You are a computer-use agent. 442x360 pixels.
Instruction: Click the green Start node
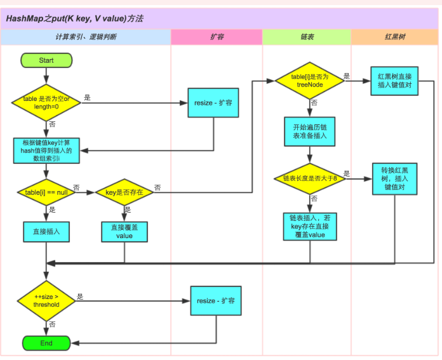(x=46, y=60)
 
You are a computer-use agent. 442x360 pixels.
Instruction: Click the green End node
(x=46, y=343)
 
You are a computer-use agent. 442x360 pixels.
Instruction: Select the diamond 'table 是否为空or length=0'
(x=46, y=102)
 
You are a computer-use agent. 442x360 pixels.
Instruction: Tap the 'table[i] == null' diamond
(x=46, y=192)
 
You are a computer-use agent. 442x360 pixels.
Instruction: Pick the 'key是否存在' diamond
(x=124, y=192)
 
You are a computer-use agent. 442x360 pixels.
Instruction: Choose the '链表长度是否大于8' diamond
(x=309, y=179)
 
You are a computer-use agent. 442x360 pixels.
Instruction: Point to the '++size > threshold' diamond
(x=46, y=300)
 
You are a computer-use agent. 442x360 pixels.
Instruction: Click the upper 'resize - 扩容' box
(x=213, y=102)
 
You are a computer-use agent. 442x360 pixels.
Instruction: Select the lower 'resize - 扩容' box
(x=216, y=300)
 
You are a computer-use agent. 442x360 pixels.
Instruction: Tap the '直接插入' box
(x=46, y=232)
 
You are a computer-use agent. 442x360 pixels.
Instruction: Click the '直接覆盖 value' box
(x=124, y=232)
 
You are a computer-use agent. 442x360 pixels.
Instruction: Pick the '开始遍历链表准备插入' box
(x=309, y=131)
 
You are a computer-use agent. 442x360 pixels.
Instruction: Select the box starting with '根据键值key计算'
(x=46, y=150)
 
